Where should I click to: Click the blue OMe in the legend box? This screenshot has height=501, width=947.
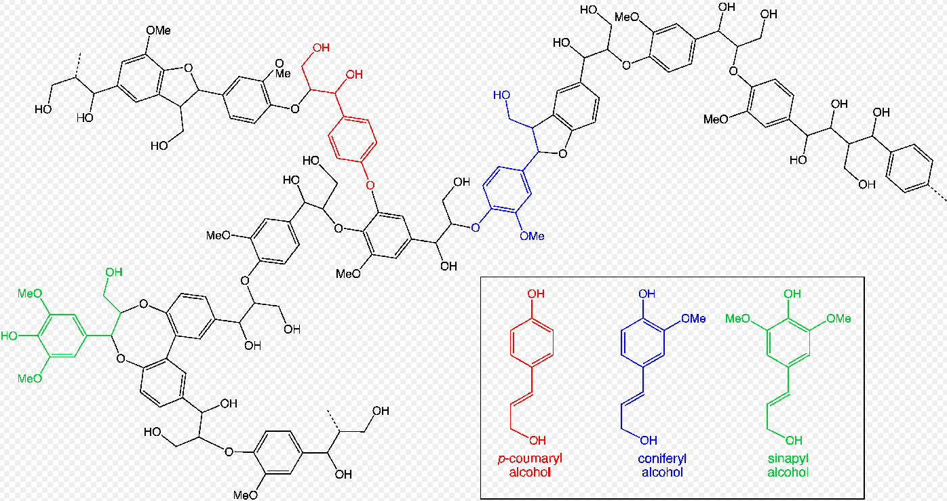(693, 318)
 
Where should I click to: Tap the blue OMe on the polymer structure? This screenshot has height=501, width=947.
(532, 236)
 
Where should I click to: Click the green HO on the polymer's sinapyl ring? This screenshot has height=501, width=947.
(11, 336)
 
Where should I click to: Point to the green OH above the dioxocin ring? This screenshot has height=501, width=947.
(113, 273)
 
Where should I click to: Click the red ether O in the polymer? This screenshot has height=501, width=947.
(370, 184)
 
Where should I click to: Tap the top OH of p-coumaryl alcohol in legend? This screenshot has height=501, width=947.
(536, 294)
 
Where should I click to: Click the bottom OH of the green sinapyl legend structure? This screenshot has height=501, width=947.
(793, 441)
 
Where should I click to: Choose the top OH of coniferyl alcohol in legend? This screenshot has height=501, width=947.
(647, 294)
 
